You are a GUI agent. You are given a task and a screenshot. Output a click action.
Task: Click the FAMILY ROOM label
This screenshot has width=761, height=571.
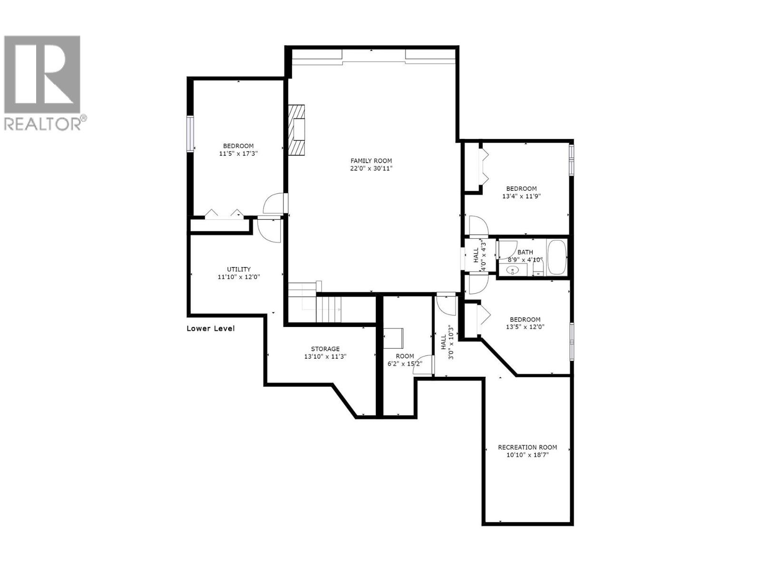[x=371, y=161]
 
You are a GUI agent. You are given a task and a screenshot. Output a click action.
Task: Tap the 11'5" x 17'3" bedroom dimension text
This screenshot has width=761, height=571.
[x=238, y=154]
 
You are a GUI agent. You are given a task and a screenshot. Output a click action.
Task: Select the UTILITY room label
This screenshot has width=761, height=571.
[x=238, y=269]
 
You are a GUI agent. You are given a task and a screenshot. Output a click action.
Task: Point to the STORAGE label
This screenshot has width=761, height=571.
[x=325, y=349]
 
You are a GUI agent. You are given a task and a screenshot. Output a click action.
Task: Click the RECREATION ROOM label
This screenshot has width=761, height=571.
[x=527, y=447]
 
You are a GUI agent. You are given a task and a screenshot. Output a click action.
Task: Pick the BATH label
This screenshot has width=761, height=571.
[x=525, y=252]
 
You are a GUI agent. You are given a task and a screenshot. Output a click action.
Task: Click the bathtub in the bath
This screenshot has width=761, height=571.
[x=556, y=257]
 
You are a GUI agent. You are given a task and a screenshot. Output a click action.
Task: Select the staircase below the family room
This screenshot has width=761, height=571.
[x=328, y=308]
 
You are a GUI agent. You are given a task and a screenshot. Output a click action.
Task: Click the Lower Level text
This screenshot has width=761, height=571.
[x=210, y=328]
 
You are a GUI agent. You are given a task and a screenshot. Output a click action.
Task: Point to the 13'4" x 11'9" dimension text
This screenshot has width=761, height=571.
[x=521, y=196]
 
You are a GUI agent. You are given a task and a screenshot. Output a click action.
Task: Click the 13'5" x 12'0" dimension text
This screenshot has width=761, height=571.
[x=525, y=327]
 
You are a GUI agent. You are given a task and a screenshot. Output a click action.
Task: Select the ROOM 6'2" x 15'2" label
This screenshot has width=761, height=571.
[x=405, y=360]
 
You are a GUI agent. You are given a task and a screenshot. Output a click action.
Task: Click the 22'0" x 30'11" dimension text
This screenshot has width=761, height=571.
[x=371, y=168]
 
